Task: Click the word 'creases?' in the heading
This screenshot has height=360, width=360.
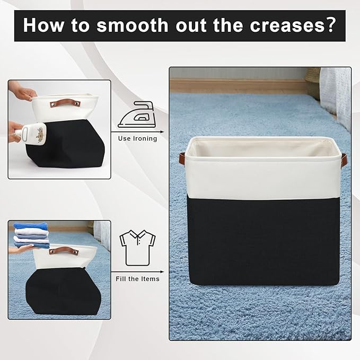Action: (x=293, y=25)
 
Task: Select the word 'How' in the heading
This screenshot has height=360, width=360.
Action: (x=43, y=25)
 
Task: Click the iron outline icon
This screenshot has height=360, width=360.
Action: (x=137, y=115)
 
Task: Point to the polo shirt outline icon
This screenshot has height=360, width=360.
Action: (x=137, y=248)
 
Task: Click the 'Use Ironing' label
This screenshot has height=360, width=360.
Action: (x=137, y=138)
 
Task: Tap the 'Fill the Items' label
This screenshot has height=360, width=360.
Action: (x=137, y=279)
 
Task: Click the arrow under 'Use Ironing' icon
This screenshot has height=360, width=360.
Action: (x=137, y=132)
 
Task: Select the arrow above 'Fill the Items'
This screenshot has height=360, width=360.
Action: (x=137, y=272)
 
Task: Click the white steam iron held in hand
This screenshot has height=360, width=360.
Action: (x=32, y=134)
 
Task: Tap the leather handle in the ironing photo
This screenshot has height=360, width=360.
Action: (x=65, y=103)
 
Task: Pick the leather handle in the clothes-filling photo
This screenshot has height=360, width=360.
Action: (x=64, y=251)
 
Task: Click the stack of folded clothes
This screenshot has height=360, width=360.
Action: (x=31, y=235)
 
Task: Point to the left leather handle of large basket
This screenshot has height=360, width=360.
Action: (x=182, y=157)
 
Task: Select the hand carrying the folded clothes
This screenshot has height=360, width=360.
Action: (x=21, y=249)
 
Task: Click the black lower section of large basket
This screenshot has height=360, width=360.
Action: (x=264, y=242)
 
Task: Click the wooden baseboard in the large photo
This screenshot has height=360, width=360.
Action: (x=239, y=86)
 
